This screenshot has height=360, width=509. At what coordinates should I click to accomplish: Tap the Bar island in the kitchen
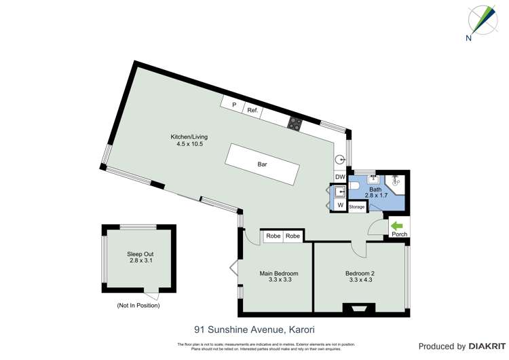263,165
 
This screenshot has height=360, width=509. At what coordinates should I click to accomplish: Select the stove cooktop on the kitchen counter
296,124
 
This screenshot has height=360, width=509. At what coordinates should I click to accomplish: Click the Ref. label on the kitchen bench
252,109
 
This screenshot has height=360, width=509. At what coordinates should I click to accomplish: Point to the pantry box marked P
233,105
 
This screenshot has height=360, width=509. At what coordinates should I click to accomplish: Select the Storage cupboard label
357,206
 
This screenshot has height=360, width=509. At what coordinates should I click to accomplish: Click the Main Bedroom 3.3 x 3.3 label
279,276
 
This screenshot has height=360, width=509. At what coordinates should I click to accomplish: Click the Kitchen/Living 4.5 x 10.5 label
189,141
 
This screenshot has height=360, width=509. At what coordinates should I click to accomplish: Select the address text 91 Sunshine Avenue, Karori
254,330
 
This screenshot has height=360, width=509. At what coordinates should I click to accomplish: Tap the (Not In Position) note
138,306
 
